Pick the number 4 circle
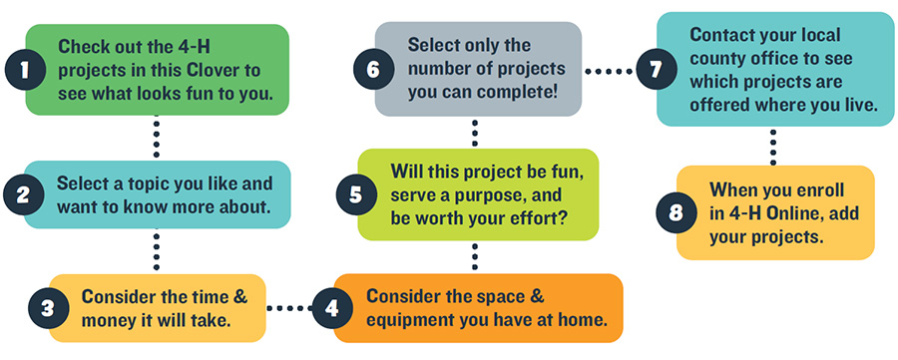tap(330, 307)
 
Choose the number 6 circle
tap(371, 71)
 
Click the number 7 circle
tap(655, 71)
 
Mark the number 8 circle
tap(673, 212)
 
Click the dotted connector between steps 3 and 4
tap(288, 307)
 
